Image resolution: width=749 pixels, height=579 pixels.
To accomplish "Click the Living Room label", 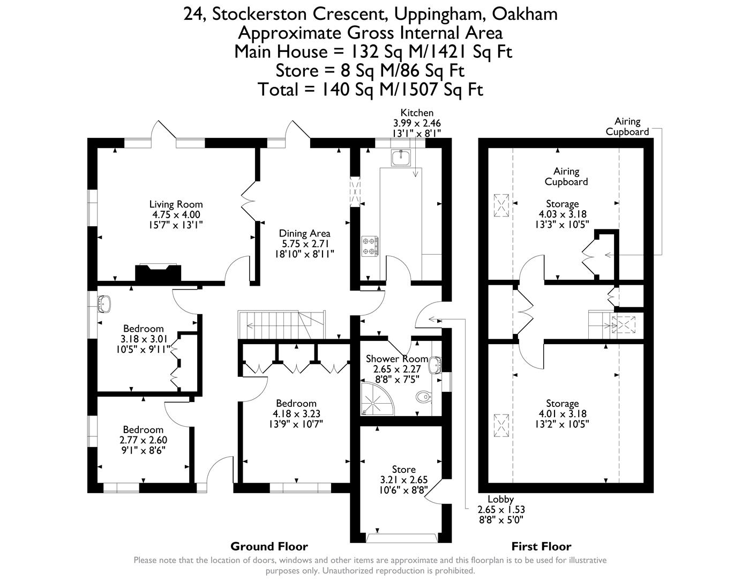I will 176,204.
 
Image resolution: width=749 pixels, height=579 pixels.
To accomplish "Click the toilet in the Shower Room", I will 423,397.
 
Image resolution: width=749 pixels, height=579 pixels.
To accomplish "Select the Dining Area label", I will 304,233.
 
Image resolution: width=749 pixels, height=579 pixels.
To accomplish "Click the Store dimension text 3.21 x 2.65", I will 403,479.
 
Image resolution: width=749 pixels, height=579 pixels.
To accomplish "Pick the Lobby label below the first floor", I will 500,499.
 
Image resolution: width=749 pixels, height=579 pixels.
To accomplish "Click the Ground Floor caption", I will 269,546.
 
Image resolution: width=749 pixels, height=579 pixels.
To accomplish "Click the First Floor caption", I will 541,546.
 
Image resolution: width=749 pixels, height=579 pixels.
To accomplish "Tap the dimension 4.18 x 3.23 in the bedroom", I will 296,413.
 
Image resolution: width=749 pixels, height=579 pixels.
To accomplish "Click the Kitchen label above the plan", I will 417,113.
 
